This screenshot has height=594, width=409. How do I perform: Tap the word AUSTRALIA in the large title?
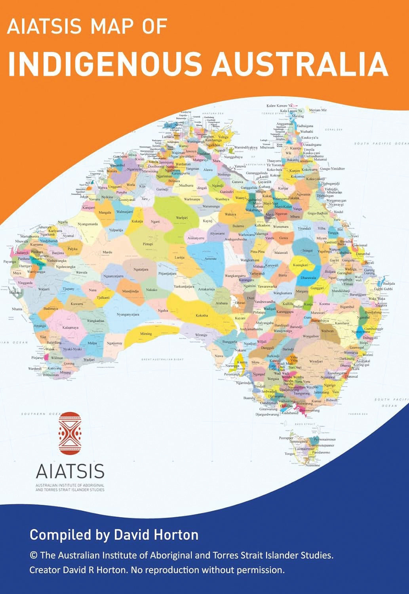[x=300, y=63]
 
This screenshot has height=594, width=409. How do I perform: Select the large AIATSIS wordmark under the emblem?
[x=70, y=471]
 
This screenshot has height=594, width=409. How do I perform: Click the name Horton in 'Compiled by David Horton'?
[x=176, y=535]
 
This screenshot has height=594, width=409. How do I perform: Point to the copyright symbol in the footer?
[x=33, y=556]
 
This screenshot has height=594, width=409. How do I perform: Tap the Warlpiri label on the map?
[x=182, y=218]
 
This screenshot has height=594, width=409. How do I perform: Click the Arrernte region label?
[x=210, y=259]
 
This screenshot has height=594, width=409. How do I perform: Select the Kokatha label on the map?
[x=202, y=316]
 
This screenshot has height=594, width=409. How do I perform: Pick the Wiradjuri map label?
[x=316, y=362]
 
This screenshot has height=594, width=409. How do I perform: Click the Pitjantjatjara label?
[x=167, y=273]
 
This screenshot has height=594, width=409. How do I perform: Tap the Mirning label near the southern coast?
[x=146, y=334]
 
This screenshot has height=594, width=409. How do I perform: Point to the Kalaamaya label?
[x=70, y=328]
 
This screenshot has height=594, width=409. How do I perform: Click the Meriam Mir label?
[x=318, y=110]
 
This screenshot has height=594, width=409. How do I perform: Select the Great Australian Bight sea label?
[x=162, y=360]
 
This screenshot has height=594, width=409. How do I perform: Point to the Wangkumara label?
[x=283, y=293]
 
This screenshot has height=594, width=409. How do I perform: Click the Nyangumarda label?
[x=88, y=224]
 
